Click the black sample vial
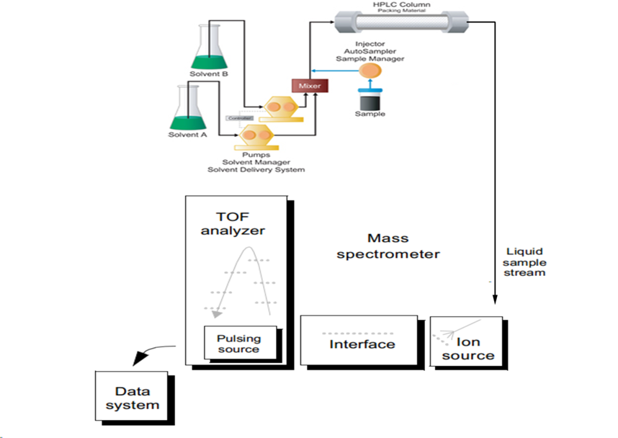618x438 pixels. pos(371,101)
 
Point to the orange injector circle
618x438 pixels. pos(370,71)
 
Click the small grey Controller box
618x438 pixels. pos(238,117)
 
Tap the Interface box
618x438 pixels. pos(362,344)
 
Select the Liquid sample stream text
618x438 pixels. pos(524,262)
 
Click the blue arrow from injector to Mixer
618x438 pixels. pos(339,71)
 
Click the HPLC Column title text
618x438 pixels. pos(400,4)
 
